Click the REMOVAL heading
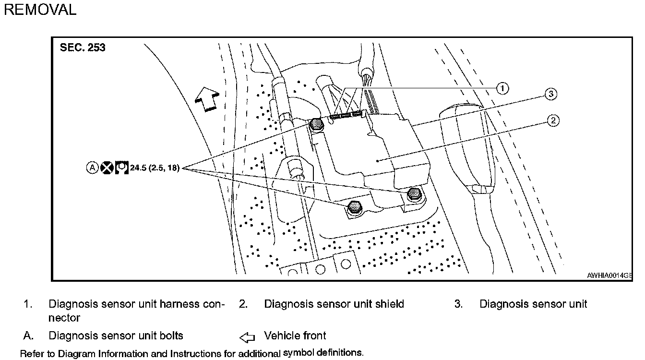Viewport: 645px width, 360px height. click(40, 10)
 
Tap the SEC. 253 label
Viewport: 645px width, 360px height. click(83, 48)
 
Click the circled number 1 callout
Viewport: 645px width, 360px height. click(502, 88)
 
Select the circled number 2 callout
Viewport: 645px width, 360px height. click(553, 120)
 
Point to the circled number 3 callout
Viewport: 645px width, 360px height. click(550, 95)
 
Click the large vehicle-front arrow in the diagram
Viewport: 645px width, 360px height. click(205, 99)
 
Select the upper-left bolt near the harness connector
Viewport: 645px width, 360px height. click(316, 124)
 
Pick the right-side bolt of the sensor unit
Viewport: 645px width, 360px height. click(413, 194)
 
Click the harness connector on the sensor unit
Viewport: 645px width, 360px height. click(346, 115)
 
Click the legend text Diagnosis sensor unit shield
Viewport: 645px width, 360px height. click(334, 304)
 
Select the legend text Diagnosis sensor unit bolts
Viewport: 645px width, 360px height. click(116, 336)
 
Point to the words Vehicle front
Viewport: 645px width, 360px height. click(295, 336)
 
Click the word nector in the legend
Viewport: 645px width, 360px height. click(64, 318)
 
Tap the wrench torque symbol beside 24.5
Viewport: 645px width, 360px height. click(121, 168)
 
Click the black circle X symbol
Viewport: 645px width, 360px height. click(107, 168)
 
